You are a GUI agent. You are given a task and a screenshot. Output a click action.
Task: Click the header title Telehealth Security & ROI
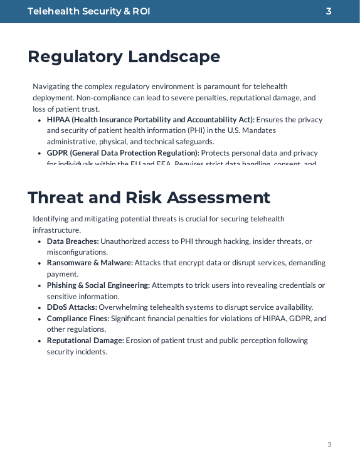pos(88,11)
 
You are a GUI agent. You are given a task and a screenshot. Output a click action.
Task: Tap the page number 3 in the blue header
pos(329,11)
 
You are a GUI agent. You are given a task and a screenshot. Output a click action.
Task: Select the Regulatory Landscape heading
pos(124,56)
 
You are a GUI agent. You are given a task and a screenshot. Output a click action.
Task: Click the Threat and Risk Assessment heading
pos(149,198)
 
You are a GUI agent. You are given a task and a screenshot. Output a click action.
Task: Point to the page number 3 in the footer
pos(329,445)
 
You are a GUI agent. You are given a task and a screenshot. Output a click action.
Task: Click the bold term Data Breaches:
pos(73,241)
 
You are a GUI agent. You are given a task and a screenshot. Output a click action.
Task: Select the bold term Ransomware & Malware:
pos(90,263)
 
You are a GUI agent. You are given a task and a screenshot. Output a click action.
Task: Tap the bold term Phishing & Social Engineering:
pos(98,285)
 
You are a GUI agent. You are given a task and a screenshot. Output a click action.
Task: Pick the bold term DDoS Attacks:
pos(71,307)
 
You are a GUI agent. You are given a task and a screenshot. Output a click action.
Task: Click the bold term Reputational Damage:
pos(85,341)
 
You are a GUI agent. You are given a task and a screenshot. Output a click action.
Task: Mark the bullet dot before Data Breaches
pos(40,241)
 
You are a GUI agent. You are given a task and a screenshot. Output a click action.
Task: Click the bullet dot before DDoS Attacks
pos(40,308)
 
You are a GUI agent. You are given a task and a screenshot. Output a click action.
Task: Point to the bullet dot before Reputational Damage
pos(40,341)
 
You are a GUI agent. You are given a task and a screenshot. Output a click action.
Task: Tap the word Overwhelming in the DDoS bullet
pos(122,307)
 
